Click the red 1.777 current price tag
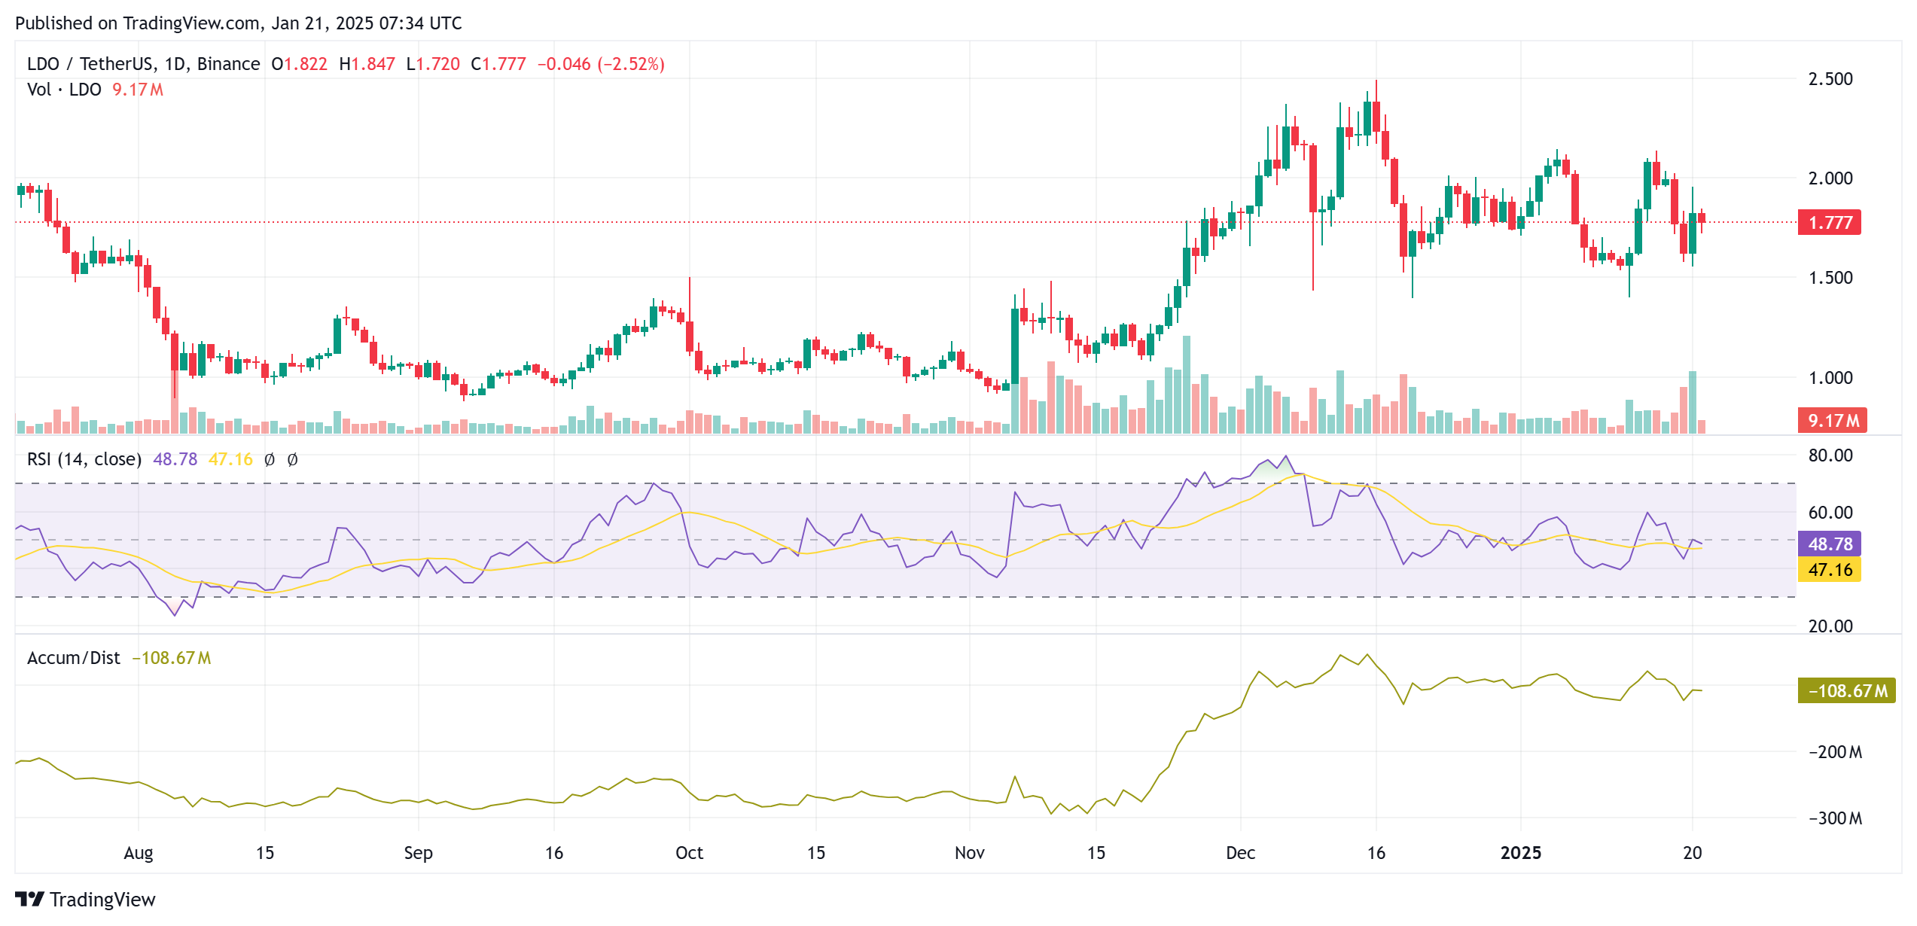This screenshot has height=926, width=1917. (1829, 223)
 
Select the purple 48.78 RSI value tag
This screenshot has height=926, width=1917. (1830, 544)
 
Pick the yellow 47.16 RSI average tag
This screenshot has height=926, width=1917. (1830, 570)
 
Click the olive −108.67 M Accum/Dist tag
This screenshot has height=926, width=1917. (1846, 690)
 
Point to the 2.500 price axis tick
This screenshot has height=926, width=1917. (1830, 79)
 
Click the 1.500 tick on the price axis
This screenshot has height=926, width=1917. (1830, 278)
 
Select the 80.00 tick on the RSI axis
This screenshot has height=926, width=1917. (1830, 455)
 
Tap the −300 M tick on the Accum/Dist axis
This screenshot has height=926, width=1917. (1835, 818)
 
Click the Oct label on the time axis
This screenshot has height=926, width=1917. (689, 853)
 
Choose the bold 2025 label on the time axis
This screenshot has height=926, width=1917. (1520, 853)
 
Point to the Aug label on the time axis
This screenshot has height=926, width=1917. (139, 853)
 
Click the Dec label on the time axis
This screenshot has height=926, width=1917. (1240, 853)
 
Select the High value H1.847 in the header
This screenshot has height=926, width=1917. (367, 64)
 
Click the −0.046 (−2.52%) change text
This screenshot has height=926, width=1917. (601, 64)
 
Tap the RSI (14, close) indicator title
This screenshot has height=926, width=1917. (84, 459)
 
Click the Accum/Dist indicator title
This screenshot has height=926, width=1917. (74, 658)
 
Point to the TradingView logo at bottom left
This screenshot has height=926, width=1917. (85, 900)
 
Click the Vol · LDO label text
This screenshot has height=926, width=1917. (64, 90)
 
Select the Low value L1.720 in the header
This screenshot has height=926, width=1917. (433, 64)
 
